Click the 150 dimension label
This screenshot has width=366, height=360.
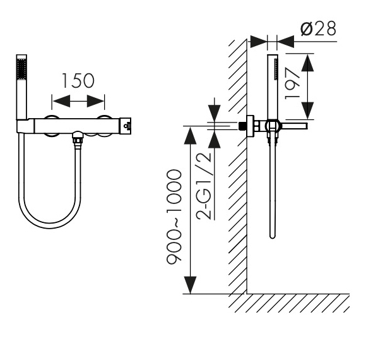tap(78, 81)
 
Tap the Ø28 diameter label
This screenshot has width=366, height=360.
tap(319, 28)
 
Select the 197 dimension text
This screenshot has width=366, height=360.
tap(292, 83)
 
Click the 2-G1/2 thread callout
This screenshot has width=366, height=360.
tap(204, 186)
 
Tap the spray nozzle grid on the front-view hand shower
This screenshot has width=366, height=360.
tap(21, 69)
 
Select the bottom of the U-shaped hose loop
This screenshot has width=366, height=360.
tap(50, 225)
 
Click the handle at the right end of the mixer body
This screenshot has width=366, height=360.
tap(126, 126)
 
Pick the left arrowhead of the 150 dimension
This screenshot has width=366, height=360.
tap(62, 101)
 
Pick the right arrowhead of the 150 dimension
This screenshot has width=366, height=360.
tap(95, 101)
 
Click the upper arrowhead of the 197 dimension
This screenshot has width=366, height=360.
tap(307, 63)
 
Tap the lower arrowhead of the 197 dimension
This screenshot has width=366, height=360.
tap(307, 111)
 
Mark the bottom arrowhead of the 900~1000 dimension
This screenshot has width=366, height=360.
tap(190, 285)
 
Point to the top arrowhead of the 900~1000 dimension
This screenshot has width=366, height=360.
tap(190, 136)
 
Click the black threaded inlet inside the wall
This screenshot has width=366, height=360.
tap(242, 126)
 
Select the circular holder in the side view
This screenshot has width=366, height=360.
tap(272, 126)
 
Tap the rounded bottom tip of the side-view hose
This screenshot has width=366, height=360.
tap(273, 236)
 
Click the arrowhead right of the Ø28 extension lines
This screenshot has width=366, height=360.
tap(285, 42)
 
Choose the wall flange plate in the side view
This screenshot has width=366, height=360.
tap(251, 126)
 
